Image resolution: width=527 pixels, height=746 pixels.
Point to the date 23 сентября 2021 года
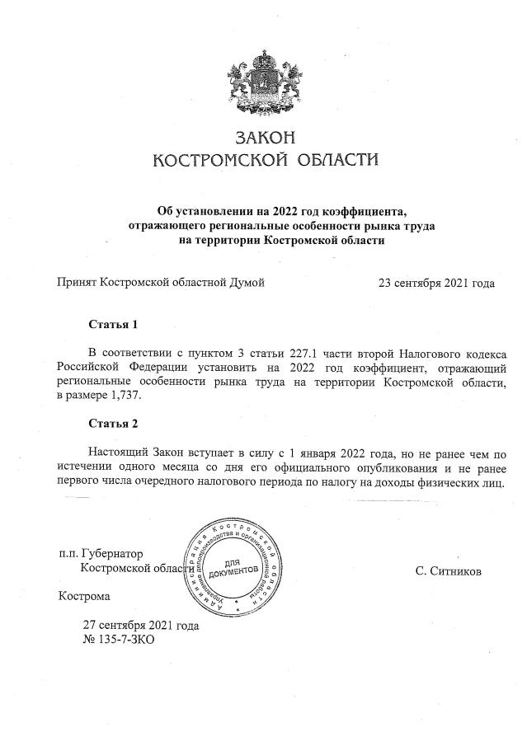(x=436, y=284)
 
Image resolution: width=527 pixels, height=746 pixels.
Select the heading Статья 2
(x=112, y=424)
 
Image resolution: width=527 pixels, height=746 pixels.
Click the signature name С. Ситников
(x=449, y=570)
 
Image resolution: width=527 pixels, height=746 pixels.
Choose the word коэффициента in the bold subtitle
(x=361, y=210)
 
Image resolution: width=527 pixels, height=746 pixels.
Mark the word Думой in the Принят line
(x=246, y=284)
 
